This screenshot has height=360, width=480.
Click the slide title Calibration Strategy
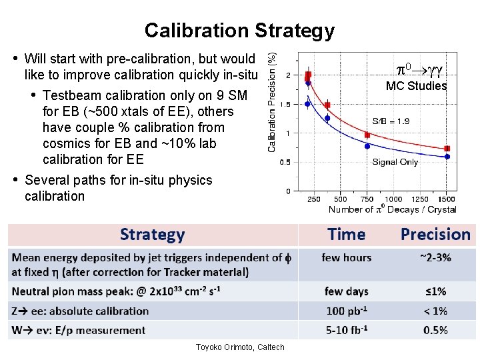(x=239, y=31)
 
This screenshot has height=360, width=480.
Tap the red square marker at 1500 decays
(x=447, y=149)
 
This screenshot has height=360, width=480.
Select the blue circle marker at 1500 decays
(x=447, y=157)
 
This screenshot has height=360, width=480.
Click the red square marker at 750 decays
(x=367, y=135)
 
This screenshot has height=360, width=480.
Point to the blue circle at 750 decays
(x=367, y=146)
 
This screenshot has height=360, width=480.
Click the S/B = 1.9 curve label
(x=391, y=121)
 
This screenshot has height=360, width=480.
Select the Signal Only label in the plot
(x=395, y=162)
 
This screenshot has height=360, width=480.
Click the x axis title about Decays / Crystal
(x=392, y=209)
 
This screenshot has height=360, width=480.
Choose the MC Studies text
(x=417, y=85)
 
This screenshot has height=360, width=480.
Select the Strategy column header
(x=152, y=235)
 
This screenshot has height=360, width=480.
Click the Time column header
(x=347, y=235)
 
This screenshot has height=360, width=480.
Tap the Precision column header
(x=435, y=235)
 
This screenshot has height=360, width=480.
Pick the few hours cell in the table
(x=347, y=257)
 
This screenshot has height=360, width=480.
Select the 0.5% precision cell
(x=435, y=329)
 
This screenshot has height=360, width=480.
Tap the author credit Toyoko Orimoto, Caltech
(x=239, y=347)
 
